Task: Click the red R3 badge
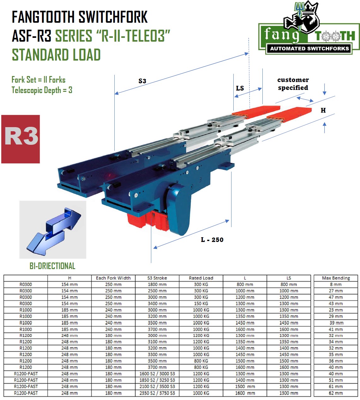[x=21, y=139]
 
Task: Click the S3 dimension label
[x=142, y=81]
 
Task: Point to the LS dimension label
[x=240, y=88]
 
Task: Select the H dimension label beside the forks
[x=323, y=110]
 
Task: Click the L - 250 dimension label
[x=212, y=240]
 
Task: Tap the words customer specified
[x=293, y=84]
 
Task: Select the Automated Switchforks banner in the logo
[x=309, y=49]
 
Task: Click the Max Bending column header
[x=336, y=278]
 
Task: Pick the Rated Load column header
[x=201, y=278]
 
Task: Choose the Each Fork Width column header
[x=113, y=278]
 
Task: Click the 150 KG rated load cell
[x=201, y=303]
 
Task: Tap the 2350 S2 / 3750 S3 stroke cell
[x=157, y=393]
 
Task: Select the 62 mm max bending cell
[x=336, y=393]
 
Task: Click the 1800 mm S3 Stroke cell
[x=157, y=284]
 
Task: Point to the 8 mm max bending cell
[x=336, y=284]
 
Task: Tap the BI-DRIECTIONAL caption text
[x=52, y=266]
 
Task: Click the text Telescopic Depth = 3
[x=42, y=90]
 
